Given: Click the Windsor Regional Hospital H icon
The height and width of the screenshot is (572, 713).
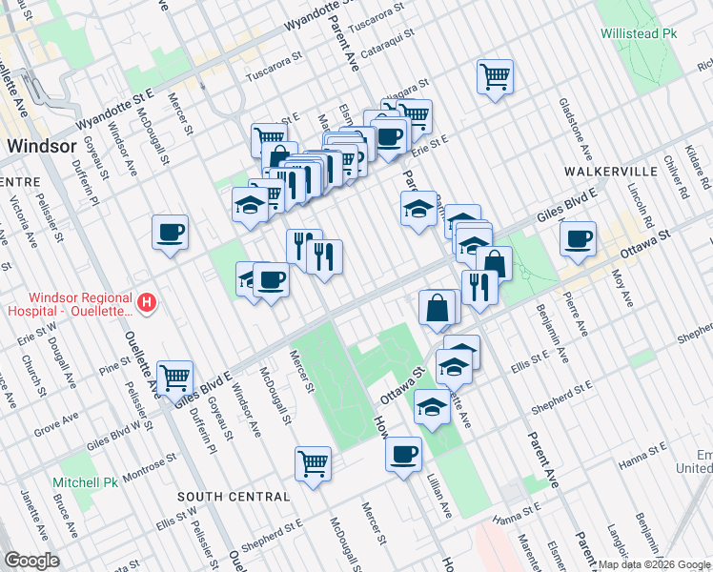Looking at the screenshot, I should pyautogui.click(x=147, y=304).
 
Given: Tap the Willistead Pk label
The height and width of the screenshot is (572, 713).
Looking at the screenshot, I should pyautogui.click(x=638, y=33).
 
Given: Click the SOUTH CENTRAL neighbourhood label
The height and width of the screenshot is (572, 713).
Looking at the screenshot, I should pyautogui.click(x=234, y=497).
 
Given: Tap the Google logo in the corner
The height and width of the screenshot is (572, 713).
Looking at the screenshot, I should pyautogui.click(x=31, y=561).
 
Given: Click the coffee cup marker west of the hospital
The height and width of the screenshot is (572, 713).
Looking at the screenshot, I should pyautogui.click(x=170, y=232).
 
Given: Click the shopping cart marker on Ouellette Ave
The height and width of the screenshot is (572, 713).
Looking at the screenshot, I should pyautogui.click(x=175, y=378).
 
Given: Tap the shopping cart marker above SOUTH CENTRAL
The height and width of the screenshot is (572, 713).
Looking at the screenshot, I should pyautogui.click(x=313, y=463).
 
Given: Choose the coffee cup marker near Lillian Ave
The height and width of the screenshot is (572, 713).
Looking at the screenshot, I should pyautogui.click(x=404, y=452).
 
